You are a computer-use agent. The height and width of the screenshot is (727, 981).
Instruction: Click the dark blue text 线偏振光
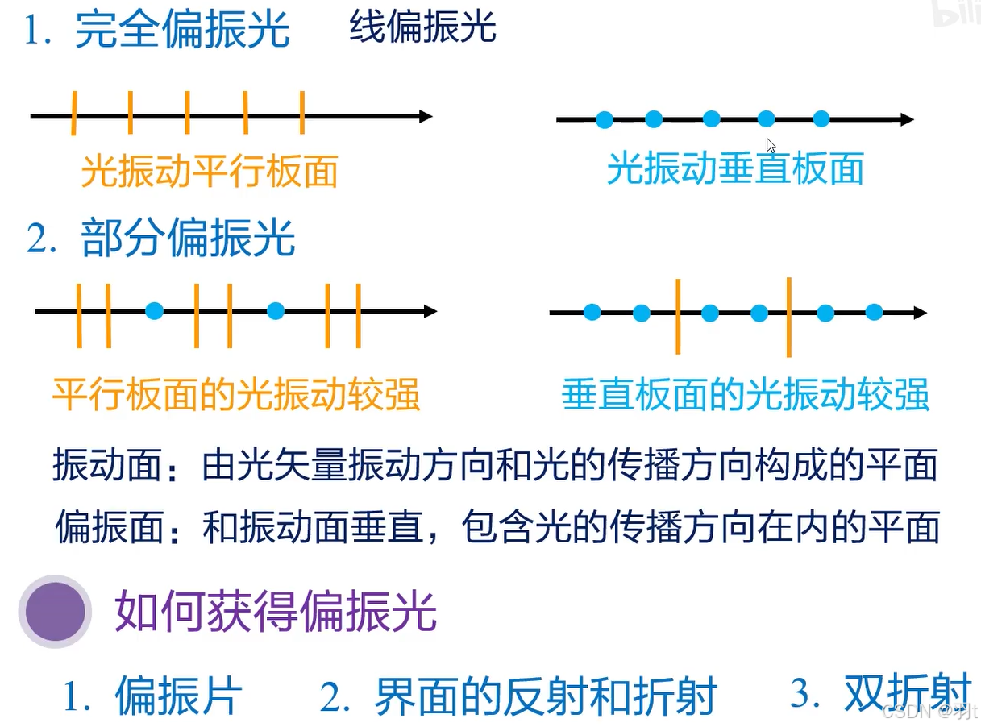(422, 27)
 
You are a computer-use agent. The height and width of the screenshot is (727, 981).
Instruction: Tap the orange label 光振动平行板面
(209, 172)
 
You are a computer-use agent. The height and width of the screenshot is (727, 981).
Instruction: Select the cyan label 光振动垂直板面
(734, 168)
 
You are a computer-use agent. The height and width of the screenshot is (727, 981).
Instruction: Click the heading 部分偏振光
(188, 238)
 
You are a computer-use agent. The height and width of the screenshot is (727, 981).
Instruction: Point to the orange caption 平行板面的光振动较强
(236, 395)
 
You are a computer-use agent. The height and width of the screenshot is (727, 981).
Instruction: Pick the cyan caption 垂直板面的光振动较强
(746, 395)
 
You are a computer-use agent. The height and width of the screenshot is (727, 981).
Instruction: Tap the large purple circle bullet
(56, 611)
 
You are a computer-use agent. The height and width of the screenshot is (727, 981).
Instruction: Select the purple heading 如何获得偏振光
(276, 611)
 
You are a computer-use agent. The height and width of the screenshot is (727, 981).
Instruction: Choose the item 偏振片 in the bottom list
(178, 696)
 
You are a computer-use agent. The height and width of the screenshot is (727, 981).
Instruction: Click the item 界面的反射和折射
(545, 696)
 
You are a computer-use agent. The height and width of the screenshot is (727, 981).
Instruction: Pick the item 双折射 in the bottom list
(907, 692)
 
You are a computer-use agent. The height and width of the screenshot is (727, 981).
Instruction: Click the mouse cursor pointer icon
(771, 146)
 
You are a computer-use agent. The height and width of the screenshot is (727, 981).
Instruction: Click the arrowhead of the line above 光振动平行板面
(425, 116)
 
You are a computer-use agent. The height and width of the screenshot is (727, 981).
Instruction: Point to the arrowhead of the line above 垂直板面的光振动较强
(919, 312)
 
